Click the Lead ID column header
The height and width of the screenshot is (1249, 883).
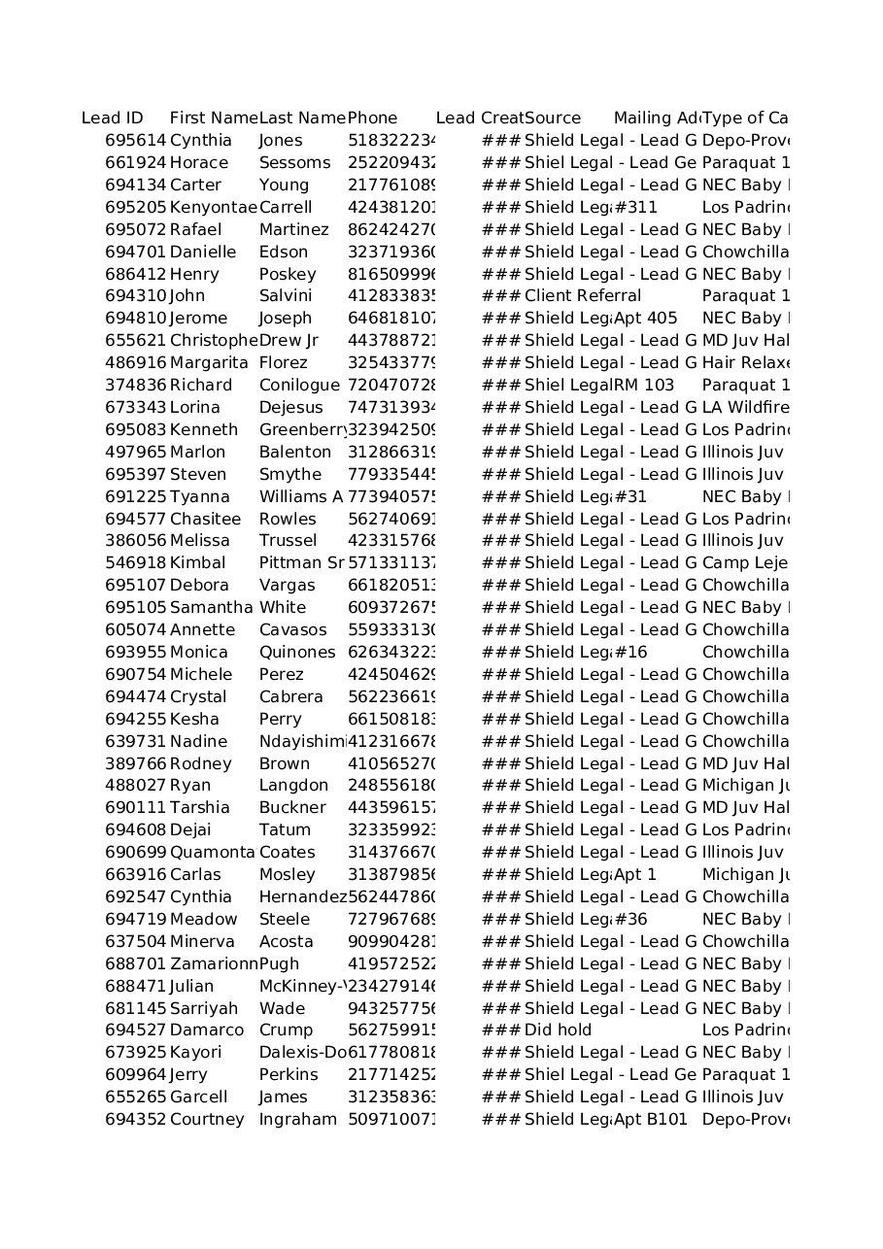(x=112, y=118)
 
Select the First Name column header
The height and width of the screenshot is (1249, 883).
(x=213, y=118)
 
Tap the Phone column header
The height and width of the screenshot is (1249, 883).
(x=372, y=118)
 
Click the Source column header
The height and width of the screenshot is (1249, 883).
(x=553, y=118)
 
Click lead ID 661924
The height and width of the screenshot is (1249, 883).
(x=135, y=163)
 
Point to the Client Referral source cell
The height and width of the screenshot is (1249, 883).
(x=583, y=296)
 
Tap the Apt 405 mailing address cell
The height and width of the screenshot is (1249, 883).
(x=646, y=319)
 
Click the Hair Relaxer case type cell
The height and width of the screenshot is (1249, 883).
(x=745, y=363)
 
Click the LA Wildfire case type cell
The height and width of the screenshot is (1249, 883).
(x=745, y=408)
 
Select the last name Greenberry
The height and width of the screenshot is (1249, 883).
(x=302, y=430)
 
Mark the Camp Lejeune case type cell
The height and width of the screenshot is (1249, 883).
(x=745, y=563)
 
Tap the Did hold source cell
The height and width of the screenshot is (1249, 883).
(x=558, y=1030)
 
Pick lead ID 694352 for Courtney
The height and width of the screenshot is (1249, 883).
(x=135, y=1120)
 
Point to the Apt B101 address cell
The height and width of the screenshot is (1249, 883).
(x=651, y=1120)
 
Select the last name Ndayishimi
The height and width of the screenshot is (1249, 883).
(x=302, y=742)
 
